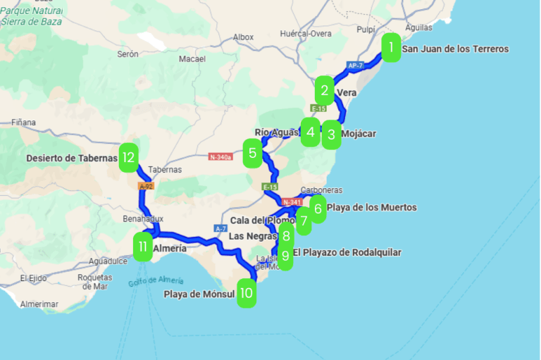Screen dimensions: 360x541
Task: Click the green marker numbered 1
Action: click(391, 48)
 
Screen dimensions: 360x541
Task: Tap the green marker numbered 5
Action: click(253, 153)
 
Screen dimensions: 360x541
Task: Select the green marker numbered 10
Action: click(246, 293)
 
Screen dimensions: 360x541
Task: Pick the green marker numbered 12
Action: click(128, 158)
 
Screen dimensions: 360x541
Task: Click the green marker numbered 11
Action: click(143, 247)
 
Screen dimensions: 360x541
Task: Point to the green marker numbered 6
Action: click(318, 209)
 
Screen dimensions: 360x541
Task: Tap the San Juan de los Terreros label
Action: click(455, 49)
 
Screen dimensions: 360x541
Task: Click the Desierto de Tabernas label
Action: click(72, 159)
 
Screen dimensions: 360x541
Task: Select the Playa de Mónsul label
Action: click(199, 294)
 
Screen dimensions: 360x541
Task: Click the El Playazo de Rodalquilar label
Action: click(347, 252)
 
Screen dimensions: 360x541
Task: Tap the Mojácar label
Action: click(359, 133)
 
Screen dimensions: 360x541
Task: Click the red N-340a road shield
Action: click(220, 157)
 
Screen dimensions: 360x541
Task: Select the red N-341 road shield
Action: click(291, 202)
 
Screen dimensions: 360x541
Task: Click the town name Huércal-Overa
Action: click(306, 33)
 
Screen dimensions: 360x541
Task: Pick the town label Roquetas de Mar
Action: click(94, 282)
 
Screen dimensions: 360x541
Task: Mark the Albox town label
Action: click(243, 37)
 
